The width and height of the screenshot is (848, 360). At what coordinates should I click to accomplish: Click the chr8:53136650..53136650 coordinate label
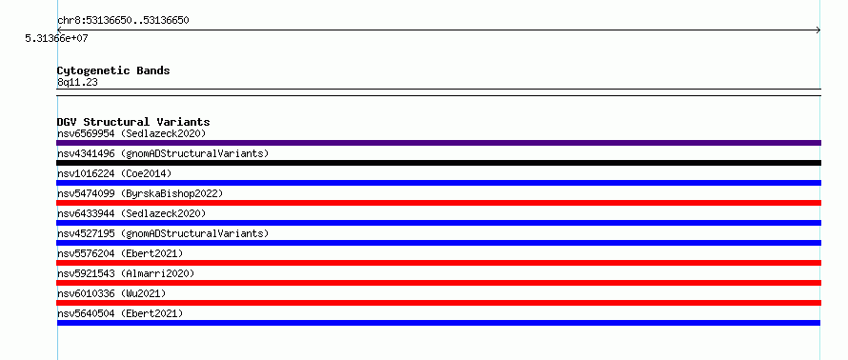pyautogui.click(x=123, y=21)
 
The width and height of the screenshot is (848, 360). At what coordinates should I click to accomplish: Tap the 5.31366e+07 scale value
pyautogui.click(x=57, y=39)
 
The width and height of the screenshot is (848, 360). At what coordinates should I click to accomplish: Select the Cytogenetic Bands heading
pyautogui.click(x=113, y=70)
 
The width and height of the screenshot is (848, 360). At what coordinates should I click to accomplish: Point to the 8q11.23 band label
pyautogui.click(x=77, y=83)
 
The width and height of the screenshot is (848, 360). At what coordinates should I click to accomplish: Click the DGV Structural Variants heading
pyautogui.click(x=133, y=122)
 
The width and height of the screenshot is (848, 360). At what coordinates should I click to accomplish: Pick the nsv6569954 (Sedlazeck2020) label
pyautogui.click(x=131, y=133)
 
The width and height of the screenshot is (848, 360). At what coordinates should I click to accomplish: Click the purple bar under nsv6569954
pyautogui.click(x=438, y=143)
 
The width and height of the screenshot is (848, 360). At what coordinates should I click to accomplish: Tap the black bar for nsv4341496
pyautogui.click(x=438, y=163)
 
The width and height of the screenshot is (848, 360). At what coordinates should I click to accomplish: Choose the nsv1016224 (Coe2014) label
pyautogui.click(x=114, y=173)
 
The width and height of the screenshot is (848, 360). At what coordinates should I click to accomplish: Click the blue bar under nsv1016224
pyautogui.click(x=438, y=183)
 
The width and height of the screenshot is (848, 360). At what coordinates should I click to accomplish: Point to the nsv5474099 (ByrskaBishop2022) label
pyautogui.click(x=140, y=193)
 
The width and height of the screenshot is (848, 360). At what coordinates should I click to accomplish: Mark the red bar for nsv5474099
pyautogui.click(x=438, y=203)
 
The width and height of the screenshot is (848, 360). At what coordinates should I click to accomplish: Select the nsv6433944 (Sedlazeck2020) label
pyautogui.click(x=131, y=213)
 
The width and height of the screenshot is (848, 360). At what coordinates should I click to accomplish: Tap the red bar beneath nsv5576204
pyautogui.click(x=438, y=263)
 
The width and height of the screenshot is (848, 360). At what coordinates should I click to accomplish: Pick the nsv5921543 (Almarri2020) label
pyautogui.click(x=126, y=273)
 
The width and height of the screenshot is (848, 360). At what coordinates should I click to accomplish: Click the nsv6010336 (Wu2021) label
pyautogui.click(x=111, y=293)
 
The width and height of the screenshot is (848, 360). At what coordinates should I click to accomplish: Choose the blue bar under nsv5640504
pyautogui.click(x=438, y=323)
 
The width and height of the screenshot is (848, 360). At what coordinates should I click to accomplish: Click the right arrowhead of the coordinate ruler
pyautogui.click(x=819, y=30)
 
